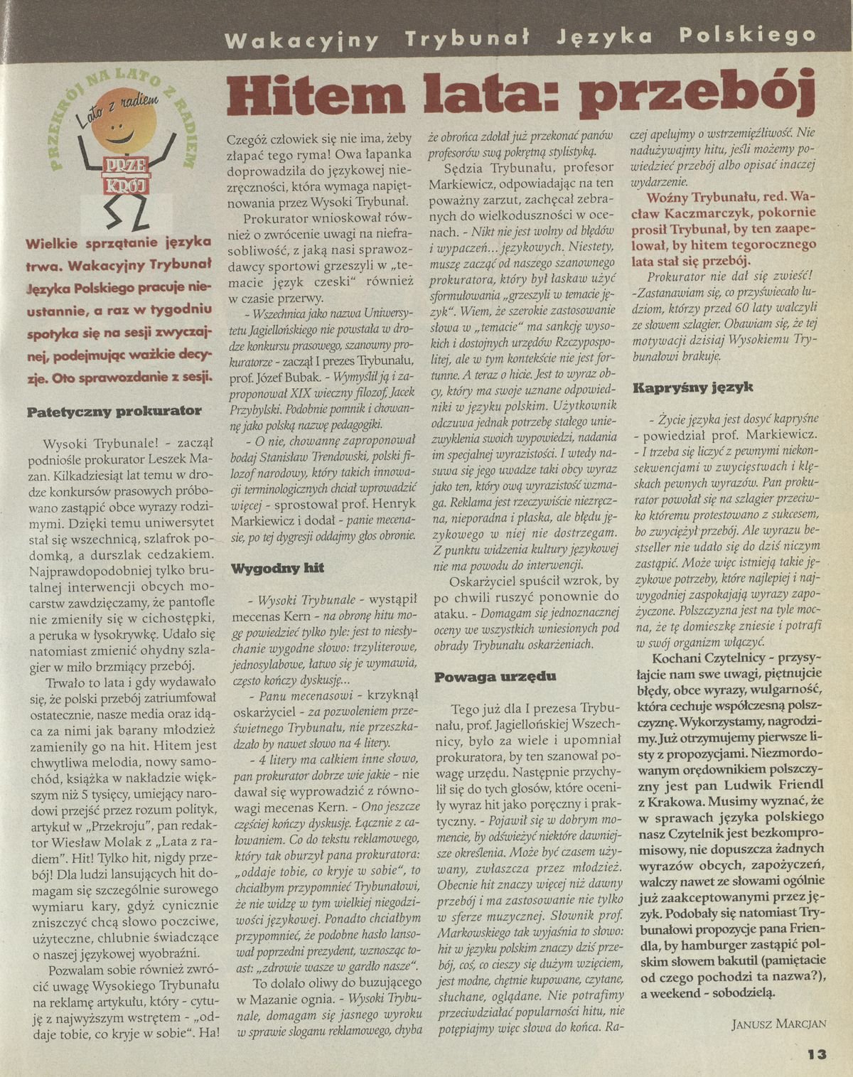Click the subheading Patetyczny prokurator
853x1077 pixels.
click(x=114, y=410)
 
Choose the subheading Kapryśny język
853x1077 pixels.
click(x=682, y=388)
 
